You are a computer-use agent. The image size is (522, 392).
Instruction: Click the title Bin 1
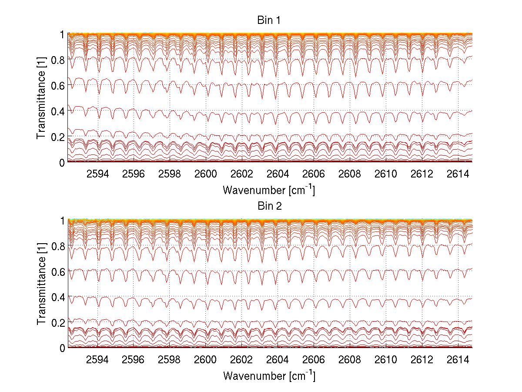tap(269, 20)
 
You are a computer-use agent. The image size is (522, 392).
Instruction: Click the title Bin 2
tap(269, 206)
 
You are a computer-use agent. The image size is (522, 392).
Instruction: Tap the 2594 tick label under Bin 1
tap(97, 174)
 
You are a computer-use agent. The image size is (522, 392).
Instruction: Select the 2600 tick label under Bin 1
tap(206, 174)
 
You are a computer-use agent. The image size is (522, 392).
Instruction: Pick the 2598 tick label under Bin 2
tap(170, 360)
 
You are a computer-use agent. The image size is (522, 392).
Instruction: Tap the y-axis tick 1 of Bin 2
tap(63, 220)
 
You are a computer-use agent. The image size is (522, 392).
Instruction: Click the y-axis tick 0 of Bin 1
tap(63, 162)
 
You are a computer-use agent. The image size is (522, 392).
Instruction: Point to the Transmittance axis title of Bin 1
tap(41, 98)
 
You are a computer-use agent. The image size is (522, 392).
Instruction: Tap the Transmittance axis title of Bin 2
tap(41, 284)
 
